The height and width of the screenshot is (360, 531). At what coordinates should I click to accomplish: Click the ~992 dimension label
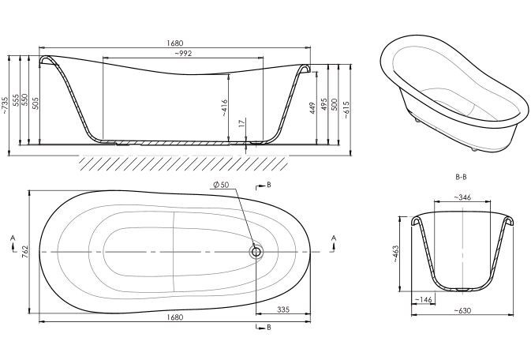click(x=183, y=53)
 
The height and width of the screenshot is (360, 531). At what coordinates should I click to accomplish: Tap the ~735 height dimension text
click(x=5, y=106)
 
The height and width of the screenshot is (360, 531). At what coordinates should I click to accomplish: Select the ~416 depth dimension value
click(x=225, y=108)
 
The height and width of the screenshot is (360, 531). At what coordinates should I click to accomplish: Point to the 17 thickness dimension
click(x=241, y=123)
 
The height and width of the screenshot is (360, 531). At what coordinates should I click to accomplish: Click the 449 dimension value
click(x=312, y=108)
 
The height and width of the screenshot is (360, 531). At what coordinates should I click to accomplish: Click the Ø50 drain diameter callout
click(x=221, y=185)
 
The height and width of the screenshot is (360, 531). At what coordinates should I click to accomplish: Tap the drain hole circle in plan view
click(x=256, y=252)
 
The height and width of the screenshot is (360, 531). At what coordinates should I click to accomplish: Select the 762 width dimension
click(x=24, y=252)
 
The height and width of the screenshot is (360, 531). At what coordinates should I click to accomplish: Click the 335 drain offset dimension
click(x=283, y=309)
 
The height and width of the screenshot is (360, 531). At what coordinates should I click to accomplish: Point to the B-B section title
click(x=461, y=177)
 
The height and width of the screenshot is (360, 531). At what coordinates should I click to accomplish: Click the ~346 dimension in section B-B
click(x=462, y=197)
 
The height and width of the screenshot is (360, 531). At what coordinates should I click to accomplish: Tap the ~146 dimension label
click(x=424, y=300)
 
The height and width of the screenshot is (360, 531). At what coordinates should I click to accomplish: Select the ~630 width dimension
click(x=462, y=310)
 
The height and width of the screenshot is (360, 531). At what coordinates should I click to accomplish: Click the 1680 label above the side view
click(x=174, y=43)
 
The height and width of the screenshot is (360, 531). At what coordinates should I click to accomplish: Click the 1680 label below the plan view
click(x=174, y=317)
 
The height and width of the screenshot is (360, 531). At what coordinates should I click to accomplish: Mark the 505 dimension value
click(x=36, y=103)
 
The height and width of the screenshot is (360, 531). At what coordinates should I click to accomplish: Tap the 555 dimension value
click(x=16, y=100)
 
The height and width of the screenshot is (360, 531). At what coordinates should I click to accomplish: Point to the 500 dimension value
click(x=335, y=104)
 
